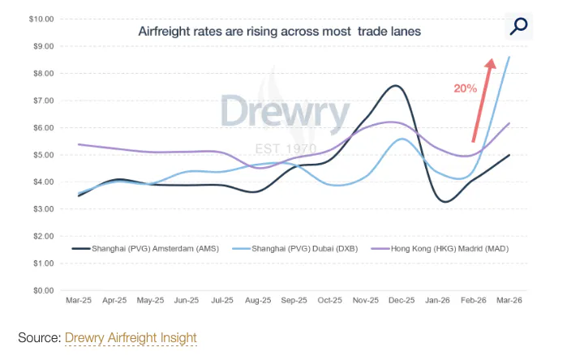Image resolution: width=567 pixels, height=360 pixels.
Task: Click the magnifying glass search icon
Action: click(518, 26)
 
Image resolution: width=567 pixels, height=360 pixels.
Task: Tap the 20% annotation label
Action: click(465, 88)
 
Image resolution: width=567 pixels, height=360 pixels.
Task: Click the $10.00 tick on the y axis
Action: click(41, 19)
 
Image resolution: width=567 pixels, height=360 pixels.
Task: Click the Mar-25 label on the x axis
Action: click(78, 301)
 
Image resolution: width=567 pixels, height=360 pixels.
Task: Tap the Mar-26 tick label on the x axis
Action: click(509, 301)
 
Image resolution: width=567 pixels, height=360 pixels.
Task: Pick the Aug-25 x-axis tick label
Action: click(257, 301)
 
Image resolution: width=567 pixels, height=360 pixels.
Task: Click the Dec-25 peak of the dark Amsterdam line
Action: click(395, 86)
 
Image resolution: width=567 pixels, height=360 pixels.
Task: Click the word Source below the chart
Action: click(37, 337)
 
